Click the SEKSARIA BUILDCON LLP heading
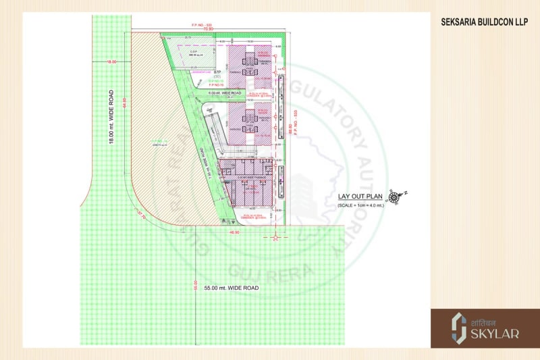[x=484, y=22]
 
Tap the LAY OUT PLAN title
[x=360, y=197]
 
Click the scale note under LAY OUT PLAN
[x=360, y=205]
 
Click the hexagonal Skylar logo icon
[x=458, y=328]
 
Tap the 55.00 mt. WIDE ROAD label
[x=227, y=288]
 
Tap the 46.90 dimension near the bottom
[x=234, y=232]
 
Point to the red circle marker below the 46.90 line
[x=275, y=238]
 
